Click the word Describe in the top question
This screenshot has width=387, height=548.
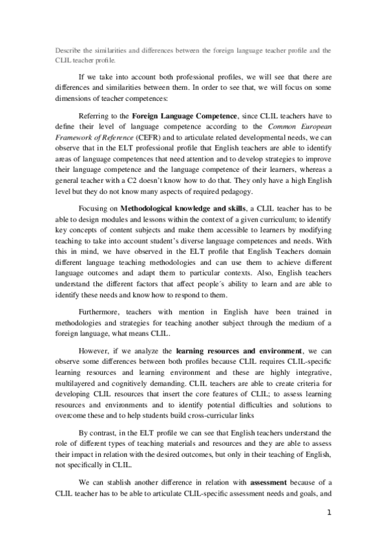point(67,49)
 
